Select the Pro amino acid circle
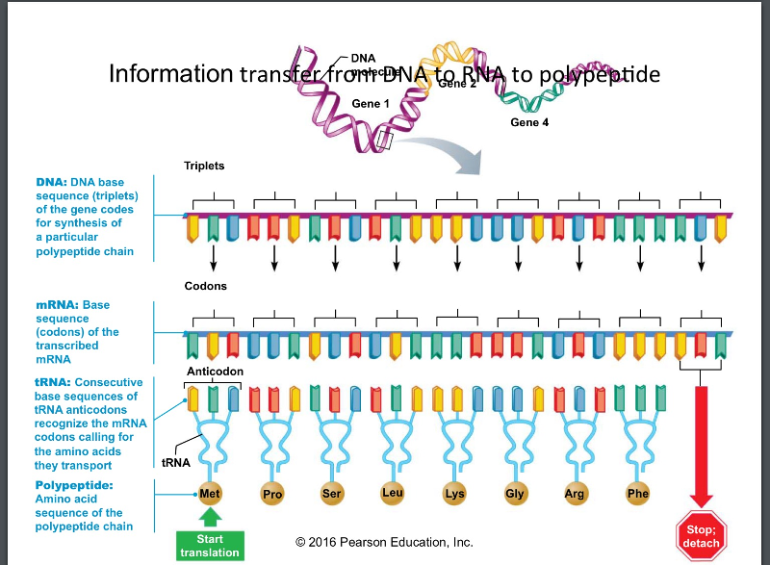[x=273, y=496]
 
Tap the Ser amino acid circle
[x=331, y=495]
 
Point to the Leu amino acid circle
[x=392, y=494]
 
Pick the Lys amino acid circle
[x=453, y=495]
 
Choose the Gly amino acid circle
[x=515, y=495]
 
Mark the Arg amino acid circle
[x=576, y=495]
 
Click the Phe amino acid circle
[x=637, y=495]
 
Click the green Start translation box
[x=210, y=546]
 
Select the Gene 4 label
[x=529, y=122]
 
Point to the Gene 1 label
[x=371, y=103]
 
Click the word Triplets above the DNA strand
[x=204, y=166]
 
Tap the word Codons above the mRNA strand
[x=205, y=286]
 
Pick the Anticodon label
[x=216, y=371]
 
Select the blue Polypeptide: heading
[x=74, y=484]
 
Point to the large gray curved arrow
[x=452, y=154]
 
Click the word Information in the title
[x=170, y=74]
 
